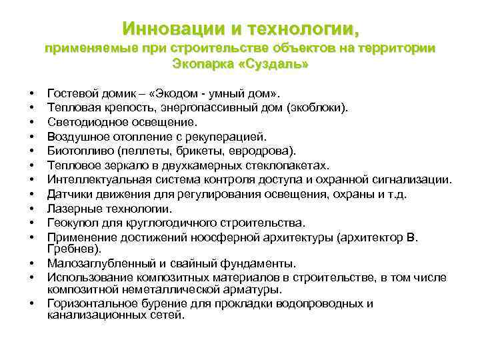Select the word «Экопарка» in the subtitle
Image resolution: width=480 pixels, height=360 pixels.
tap(201, 66)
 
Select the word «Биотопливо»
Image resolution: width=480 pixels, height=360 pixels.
tap(78, 150)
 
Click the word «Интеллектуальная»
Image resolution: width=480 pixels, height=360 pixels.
tap(94, 179)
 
